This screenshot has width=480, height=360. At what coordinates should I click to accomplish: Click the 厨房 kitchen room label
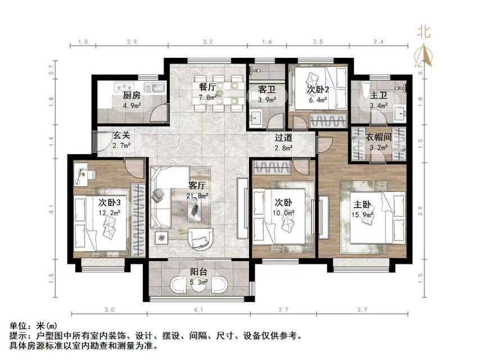pyautogui.click(x=132, y=95)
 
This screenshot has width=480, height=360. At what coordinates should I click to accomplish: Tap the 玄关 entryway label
pyautogui.click(x=121, y=136)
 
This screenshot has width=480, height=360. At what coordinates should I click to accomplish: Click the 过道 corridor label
pyautogui.click(x=283, y=138)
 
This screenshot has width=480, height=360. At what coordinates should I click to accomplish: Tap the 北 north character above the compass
pyautogui.click(x=423, y=32)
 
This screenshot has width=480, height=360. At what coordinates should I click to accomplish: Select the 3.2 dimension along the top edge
pyautogui.click(x=207, y=42)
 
